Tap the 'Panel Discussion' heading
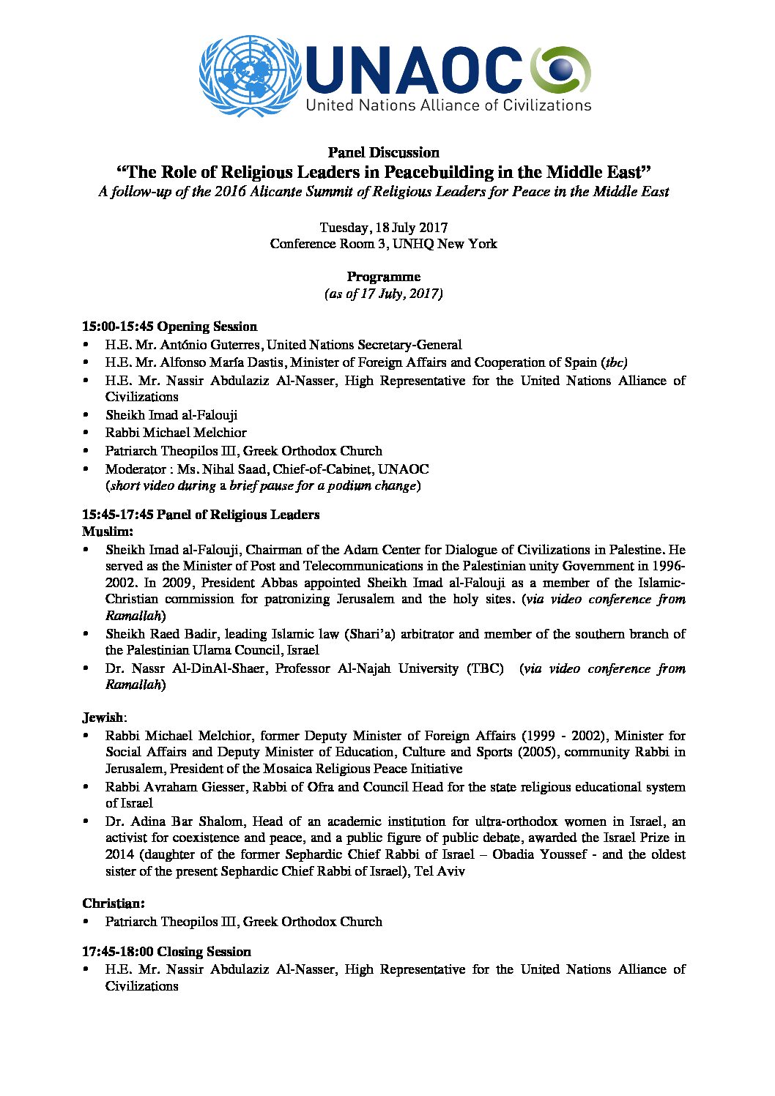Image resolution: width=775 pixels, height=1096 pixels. point(383,152)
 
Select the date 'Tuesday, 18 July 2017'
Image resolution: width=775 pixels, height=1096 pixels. point(383,228)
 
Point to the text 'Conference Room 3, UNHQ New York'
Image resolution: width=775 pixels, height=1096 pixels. point(383,244)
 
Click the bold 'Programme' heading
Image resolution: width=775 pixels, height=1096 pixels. point(383,277)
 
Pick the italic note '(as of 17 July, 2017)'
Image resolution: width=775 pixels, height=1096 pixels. point(383,294)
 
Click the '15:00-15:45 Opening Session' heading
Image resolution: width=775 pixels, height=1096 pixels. point(169,327)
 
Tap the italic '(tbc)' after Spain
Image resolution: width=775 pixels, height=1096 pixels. point(614,362)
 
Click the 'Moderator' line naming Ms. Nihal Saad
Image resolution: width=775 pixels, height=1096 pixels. point(267,469)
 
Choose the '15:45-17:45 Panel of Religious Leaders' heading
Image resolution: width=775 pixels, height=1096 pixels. point(200,515)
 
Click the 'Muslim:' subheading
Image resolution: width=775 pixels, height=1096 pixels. point(108,532)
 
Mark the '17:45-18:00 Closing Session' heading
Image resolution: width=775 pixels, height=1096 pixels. point(166,952)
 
